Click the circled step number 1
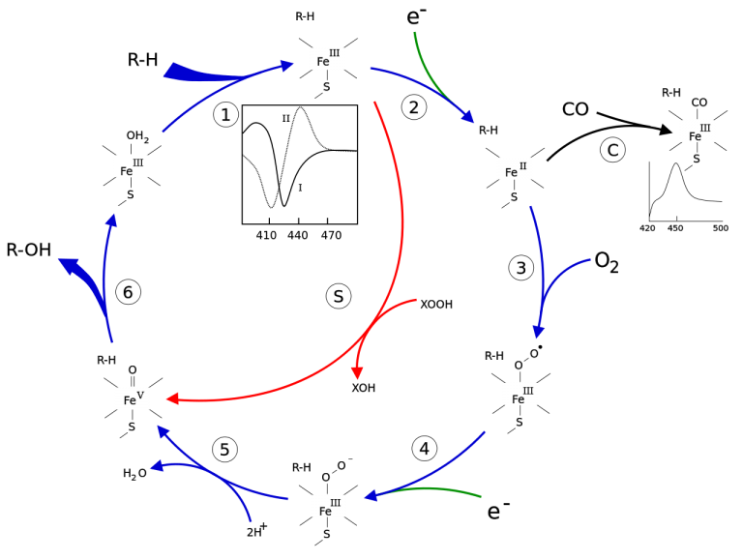click(x=225, y=115)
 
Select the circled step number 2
click(x=414, y=107)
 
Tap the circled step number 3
click(x=520, y=268)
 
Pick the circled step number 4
click(x=424, y=448)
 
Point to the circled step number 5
click(x=224, y=449)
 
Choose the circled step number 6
click(x=129, y=292)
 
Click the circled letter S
click(x=339, y=296)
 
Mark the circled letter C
click(x=612, y=150)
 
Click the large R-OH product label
click(x=29, y=250)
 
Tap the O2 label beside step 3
click(x=606, y=262)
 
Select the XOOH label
click(x=436, y=304)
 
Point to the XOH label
click(x=364, y=388)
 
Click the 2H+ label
click(x=256, y=530)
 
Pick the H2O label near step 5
click(x=134, y=473)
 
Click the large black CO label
click(x=576, y=109)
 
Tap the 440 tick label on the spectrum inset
click(x=298, y=235)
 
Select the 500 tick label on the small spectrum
click(x=720, y=228)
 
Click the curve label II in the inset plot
click(x=285, y=118)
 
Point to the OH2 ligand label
click(x=137, y=136)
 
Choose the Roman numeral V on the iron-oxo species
click(x=140, y=395)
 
